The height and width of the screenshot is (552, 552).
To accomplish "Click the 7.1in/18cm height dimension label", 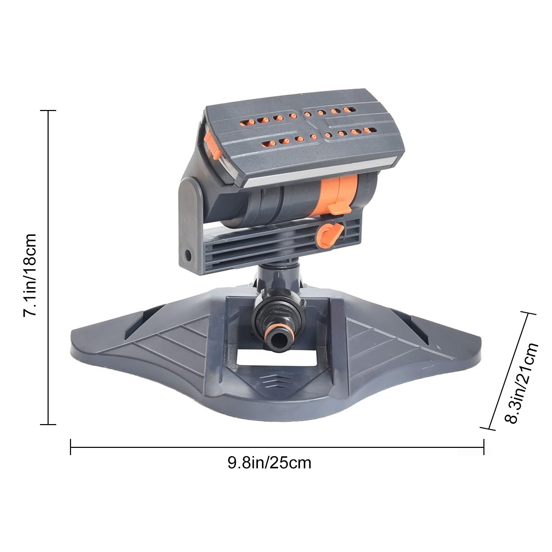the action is (29, 275).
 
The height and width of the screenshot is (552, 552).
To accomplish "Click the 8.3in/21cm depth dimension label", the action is (521, 383).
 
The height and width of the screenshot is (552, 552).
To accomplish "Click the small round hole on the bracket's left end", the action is (188, 255).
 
